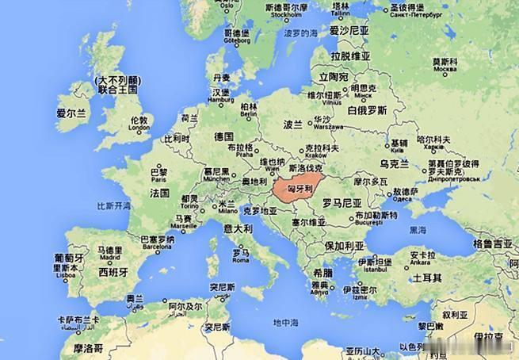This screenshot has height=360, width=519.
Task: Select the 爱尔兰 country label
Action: [71, 114]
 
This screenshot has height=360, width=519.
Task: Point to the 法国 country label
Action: [159, 193]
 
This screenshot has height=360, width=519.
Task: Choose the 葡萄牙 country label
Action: [69, 259]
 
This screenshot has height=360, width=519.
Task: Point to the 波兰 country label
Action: [293, 125]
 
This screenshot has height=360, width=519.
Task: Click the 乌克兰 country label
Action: [394, 164]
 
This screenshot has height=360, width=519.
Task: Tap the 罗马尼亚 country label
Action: [342, 203]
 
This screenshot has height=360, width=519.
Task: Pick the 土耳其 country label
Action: [427, 279]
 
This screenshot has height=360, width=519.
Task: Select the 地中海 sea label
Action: [285, 323]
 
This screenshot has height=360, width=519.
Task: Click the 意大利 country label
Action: [237, 228]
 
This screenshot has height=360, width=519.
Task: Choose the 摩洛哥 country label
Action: [88, 347]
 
